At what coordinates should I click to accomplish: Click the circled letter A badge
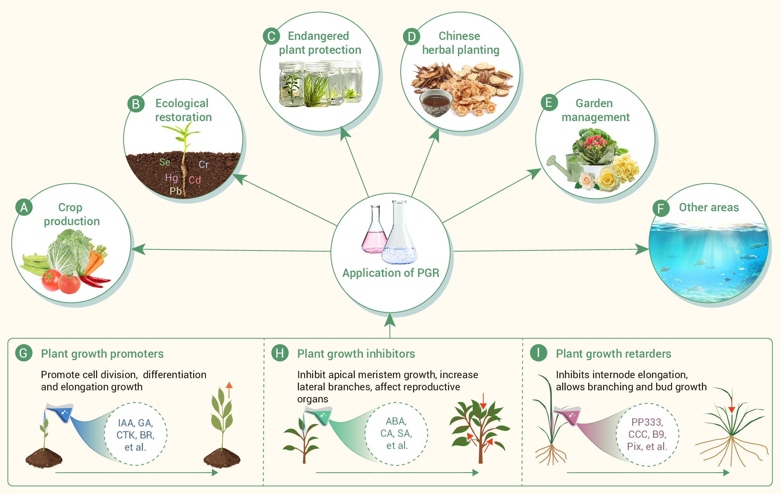[x=24, y=207]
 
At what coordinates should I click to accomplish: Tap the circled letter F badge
[x=661, y=208]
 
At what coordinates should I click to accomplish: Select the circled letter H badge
[x=280, y=353]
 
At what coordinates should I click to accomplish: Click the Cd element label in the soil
[x=195, y=180]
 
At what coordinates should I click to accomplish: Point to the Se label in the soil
[x=165, y=162]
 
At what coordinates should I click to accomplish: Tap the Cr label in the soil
[x=204, y=164]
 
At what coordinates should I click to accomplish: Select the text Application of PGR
[x=391, y=273]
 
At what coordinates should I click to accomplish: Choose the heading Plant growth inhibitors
[x=356, y=354]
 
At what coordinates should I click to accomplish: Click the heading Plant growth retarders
[x=613, y=354]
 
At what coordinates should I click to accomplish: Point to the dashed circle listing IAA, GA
[x=136, y=434]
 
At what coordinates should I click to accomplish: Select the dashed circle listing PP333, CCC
[x=647, y=434]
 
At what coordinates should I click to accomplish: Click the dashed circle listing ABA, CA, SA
[x=396, y=434]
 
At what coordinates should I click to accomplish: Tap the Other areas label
[x=709, y=207]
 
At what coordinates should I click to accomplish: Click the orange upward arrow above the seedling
[x=229, y=389]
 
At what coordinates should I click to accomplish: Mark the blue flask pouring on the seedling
[x=61, y=413]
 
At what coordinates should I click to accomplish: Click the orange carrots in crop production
[x=96, y=260]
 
